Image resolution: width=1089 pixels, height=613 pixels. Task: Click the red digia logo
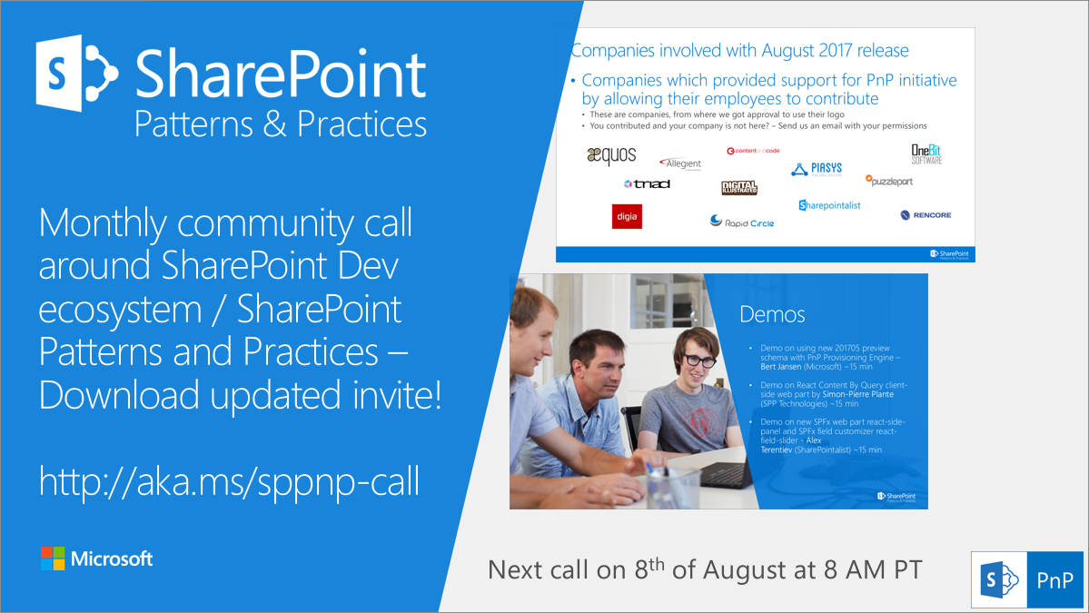(627, 216)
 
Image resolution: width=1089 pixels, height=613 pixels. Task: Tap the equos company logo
(611, 156)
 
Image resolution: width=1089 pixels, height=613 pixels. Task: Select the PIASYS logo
(817, 168)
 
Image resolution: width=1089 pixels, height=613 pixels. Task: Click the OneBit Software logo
(926, 153)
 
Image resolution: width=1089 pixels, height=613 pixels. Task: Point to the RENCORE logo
(926, 215)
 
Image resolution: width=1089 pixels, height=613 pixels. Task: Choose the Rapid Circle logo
(742, 222)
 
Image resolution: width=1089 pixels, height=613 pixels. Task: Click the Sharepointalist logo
(829, 205)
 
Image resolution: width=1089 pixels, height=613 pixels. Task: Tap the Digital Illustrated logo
(738, 188)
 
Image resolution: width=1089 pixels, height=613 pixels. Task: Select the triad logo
(647, 183)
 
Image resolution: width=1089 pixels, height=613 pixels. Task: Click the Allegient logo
(680, 163)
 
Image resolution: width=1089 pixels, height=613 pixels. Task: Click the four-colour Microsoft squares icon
(53, 559)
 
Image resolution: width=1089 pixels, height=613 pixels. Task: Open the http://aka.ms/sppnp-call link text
(229, 481)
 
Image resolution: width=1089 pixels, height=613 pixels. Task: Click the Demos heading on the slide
(772, 315)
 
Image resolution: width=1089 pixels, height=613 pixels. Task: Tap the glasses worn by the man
(699, 361)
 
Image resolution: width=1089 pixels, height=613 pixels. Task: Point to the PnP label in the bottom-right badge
(1054, 579)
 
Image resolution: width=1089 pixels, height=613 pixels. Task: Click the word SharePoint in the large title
(280, 75)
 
